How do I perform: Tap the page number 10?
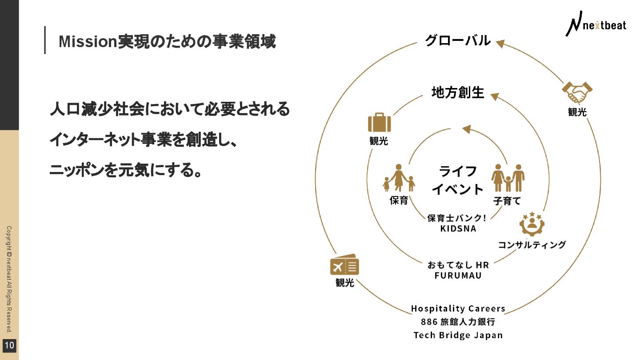pos(10,345)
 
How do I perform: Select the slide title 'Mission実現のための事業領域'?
pos(167,42)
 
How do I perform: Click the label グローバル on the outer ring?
pos(458,40)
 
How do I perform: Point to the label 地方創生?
pos(458,92)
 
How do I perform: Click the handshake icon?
pos(577,92)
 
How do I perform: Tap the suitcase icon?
pos(379,123)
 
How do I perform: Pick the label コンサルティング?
pos(532,244)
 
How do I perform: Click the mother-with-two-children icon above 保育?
pos(399,178)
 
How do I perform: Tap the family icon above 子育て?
pos(508,178)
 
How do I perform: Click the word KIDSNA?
pos(458,228)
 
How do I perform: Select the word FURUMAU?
pos(458,276)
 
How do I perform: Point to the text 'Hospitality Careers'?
pos(458,308)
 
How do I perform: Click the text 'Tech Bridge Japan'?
pos(458,335)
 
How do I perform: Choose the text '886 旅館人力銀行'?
pos(458,322)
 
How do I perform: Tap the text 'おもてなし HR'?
pos(458,265)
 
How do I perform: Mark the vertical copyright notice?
pos(9,280)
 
